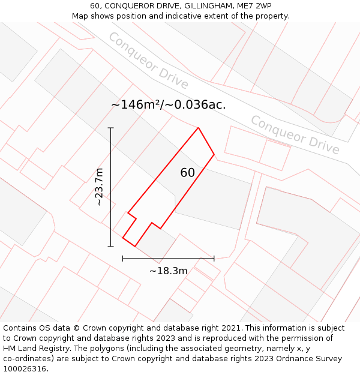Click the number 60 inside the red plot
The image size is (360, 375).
pos(187,173)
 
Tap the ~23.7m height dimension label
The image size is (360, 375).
pos(100,187)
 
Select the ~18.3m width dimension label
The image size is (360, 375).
pos(169,271)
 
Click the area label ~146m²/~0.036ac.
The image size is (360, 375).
pos(169,104)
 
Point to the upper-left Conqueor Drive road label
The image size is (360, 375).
pos(148,61)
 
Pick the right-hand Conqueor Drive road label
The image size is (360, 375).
pos(294,135)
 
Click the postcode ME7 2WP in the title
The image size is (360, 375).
pos(252,5)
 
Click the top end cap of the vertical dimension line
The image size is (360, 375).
pos(111,128)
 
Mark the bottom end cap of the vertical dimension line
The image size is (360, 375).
pos(111,246)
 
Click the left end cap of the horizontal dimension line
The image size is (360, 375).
pos(123,259)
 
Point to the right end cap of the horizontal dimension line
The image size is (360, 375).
pos(214,259)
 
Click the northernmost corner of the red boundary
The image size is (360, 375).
pos(198,128)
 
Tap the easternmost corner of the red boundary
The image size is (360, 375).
pos(214,154)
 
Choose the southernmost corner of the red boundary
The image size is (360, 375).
pos(136,246)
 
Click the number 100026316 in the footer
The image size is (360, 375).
pos(25,369)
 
